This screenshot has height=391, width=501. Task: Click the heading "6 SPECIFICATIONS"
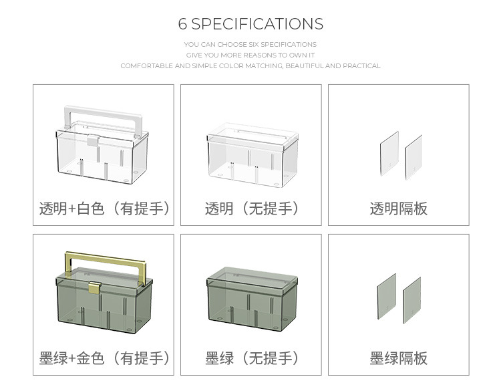(251, 24)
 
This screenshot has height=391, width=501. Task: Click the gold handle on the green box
(103, 257)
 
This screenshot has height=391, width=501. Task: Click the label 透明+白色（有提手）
(104, 209)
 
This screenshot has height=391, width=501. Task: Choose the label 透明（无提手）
(251, 209)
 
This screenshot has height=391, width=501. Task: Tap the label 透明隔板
(398, 209)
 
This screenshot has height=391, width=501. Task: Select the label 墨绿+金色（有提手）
(104, 359)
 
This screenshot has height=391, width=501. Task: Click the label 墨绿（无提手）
(251, 359)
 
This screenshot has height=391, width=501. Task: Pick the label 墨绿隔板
(398, 359)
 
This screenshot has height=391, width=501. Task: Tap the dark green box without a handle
(251, 297)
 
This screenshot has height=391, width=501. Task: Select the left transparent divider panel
(388, 154)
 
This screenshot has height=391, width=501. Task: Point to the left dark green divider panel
(385, 295)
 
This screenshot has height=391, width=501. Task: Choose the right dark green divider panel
(412, 300)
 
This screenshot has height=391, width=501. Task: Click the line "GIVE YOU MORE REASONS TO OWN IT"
(251, 55)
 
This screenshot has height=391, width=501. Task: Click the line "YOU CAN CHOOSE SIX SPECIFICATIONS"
(251, 45)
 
